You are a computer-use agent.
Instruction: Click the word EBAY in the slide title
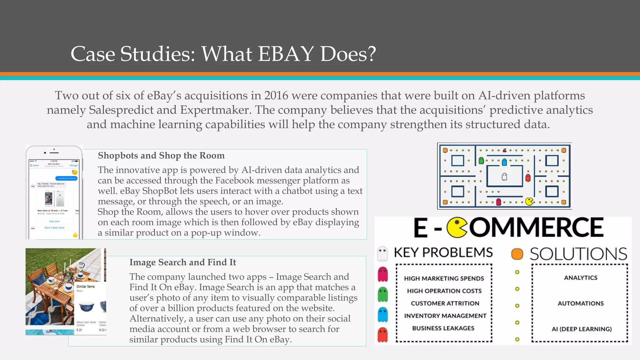[x=286, y=54]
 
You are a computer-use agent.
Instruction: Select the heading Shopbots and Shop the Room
[x=161, y=155]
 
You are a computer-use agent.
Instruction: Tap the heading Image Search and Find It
[x=182, y=262]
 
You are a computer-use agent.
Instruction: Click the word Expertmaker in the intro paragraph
[x=215, y=110]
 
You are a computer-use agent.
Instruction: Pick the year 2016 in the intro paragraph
[x=276, y=96]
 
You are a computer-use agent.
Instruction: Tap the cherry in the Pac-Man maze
[x=504, y=150]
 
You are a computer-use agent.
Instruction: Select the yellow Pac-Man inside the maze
[x=529, y=202]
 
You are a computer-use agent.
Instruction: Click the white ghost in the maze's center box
[x=504, y=177]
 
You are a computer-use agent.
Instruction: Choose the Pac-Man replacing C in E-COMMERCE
[x=457, y=227]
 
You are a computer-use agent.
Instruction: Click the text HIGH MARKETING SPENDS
[x=444, y=278]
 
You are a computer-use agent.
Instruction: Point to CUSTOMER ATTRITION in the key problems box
[x=445, y=303]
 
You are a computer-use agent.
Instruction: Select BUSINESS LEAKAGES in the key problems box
[x=443, y=328]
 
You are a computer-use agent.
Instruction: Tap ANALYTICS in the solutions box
[x=580, y=278]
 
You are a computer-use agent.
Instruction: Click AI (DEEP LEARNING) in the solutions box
[x=581, y=329]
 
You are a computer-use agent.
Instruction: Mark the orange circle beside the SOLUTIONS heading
[x=517, y=254]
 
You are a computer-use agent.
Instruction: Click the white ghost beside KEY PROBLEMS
[x=382, y=253]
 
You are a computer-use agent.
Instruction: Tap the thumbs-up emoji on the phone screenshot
[x=75, y=235]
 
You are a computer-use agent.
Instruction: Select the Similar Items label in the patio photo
[x=85, y=287]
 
